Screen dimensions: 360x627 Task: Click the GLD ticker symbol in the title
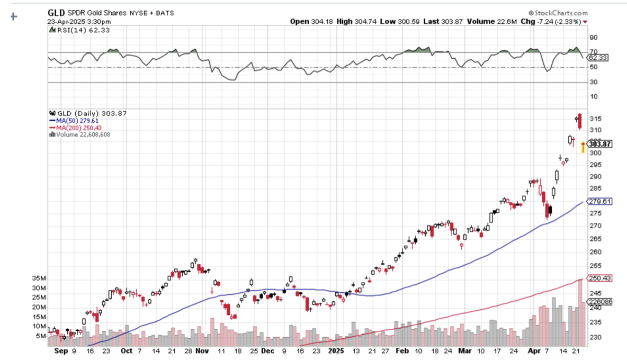pos(56,12)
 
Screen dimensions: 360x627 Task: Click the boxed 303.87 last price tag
pos(600,144)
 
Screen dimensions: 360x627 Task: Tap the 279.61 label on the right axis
pos(601,201)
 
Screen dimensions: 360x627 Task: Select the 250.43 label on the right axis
pos(601,278)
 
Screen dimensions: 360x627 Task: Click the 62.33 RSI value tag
pos(599,57)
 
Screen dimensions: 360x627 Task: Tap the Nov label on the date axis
pos(202,350)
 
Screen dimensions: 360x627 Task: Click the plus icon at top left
pos(14,16)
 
